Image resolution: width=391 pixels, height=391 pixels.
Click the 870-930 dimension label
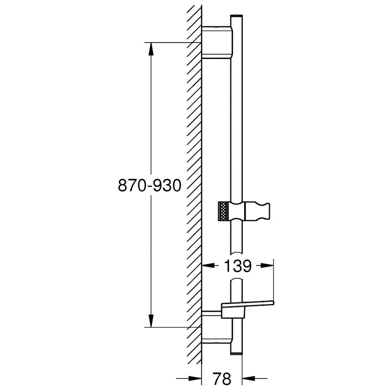149,186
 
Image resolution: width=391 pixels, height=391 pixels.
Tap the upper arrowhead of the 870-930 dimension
151,49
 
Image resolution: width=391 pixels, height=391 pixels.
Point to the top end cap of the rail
236,17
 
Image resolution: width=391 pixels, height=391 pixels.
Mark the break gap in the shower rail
236,267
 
